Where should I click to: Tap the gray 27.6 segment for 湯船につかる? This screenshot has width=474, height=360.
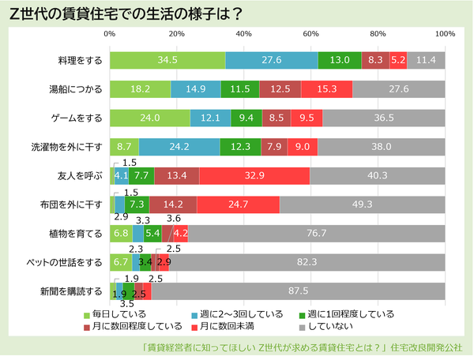[399, 89]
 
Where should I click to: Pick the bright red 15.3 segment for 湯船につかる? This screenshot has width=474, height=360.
[326, 89]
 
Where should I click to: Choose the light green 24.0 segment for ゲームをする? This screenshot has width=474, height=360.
[150, 118]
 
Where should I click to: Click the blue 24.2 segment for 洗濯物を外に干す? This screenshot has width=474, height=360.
[179, 147]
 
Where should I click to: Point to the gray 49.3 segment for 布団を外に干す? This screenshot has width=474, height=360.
[362, 205]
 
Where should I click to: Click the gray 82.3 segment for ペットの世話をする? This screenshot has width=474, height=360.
[307, 262]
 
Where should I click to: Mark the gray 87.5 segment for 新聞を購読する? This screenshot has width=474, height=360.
[298, 291]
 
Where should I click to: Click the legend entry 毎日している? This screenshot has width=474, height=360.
[111, 314]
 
